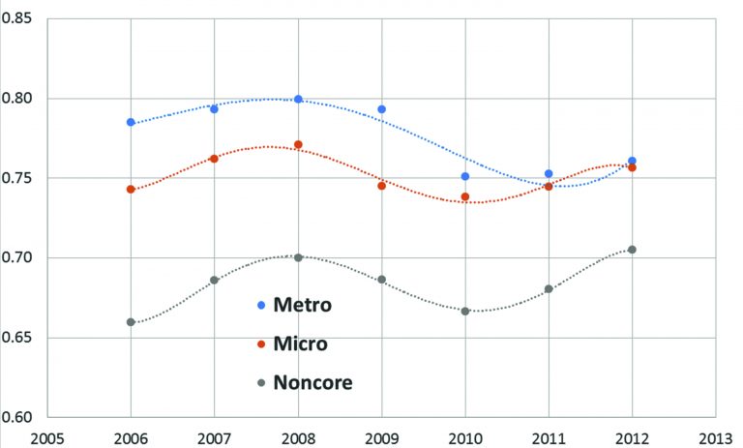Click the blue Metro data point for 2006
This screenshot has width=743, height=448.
(131, 123)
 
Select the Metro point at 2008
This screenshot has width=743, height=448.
(298, 99)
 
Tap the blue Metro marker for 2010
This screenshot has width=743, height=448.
(465, 177)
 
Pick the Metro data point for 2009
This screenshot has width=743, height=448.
(382, 109)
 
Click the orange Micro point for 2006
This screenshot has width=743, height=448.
(131, 190)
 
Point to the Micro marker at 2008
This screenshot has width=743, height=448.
(298, 145)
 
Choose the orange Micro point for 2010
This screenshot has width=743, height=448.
(465, 196)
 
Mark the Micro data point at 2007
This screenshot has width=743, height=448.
(214, 158)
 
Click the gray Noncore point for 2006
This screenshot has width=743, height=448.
(131, 322)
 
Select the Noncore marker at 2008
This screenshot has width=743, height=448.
(298, 257)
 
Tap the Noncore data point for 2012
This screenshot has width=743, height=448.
(632, 250)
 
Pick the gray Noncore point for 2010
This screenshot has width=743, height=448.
(465, 311)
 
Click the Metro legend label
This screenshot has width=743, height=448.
(303, 306)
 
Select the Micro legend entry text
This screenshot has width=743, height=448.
(300, 343)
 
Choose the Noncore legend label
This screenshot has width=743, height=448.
(312, 382)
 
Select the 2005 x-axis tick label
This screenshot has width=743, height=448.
(47, 436)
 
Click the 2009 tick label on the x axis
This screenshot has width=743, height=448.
(381, 436)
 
